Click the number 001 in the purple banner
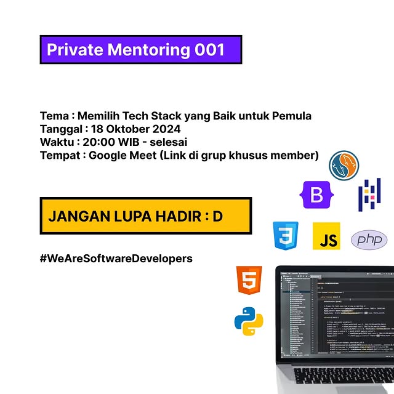click(x=209, y=50)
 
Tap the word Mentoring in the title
click(x=148, y=50)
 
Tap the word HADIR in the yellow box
click(x=174, y=217)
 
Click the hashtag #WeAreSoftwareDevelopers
click(x=116, y=258)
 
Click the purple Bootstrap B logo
click(x=317, y=195)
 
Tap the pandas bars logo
click(x=369, y=194)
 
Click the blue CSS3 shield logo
click(x=286, y=236)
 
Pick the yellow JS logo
click(x=326, y=236)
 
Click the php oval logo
click(x=369, y=239)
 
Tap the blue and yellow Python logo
click(x=249, y=320)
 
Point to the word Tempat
click(x=59, y=155)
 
